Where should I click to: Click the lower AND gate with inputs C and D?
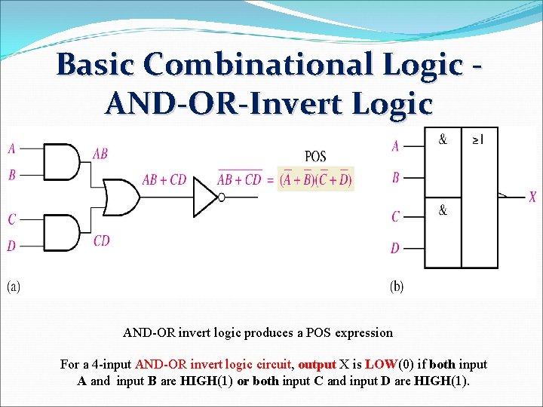click(x=63, y=232)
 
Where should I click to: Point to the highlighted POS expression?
click(x=315, y=179)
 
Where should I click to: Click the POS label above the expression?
click(x=315, y=156)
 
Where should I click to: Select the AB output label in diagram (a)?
click(x=100, y=154)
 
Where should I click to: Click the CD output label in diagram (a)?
click(x=102, y=241)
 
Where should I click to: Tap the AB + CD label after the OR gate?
click(x=164, y=180)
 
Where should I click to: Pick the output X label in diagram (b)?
click(x=532, y=197)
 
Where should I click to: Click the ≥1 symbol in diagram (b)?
click(x=478, y=139)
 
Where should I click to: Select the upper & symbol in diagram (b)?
click(x=443, y=139)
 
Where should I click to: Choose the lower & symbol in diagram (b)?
click(x=443, y=210)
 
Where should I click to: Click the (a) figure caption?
click(x=14, y=286)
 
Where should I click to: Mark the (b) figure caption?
click(x=397, y=286)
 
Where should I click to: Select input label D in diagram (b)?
click(x=395, y=248)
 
